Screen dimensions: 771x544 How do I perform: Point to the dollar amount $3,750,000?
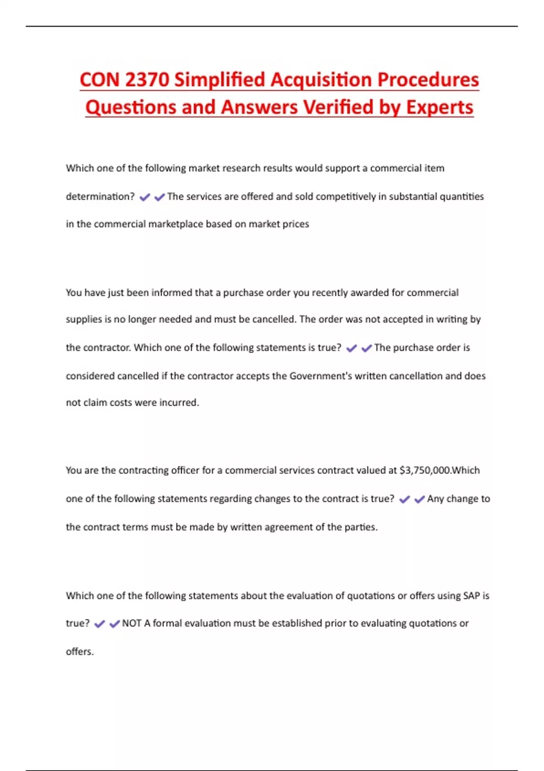pos(425,470)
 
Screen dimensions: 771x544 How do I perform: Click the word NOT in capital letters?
pos(132,624)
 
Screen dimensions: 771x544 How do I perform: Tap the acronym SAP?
pos(471,595)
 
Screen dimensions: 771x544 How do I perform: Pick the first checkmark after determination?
pos(145,197)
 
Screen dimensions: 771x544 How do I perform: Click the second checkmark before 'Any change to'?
pos(419,499)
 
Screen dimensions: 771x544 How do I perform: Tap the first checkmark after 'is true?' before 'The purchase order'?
pos(351,348)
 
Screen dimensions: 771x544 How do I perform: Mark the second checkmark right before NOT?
pos(114,624)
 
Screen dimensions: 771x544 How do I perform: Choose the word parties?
pos(361,527)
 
